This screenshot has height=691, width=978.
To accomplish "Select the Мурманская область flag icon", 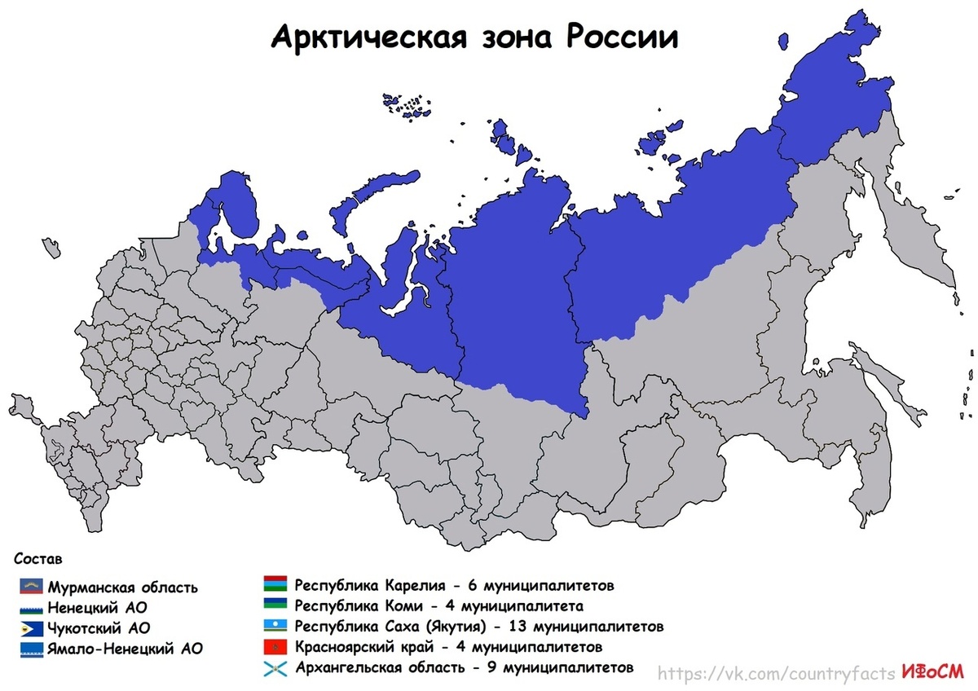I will (x=33, y=586).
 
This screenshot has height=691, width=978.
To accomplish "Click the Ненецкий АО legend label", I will (x=98, y=608).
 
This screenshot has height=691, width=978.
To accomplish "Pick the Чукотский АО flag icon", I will (x=33, y=627).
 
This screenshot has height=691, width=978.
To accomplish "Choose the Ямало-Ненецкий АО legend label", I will (x=125, y=649).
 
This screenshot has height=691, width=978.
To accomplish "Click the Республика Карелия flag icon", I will (x=274, y=584).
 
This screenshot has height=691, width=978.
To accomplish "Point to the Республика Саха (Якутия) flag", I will (x=274, y=626).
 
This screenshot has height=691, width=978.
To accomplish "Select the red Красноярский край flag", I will (x=274, y=647).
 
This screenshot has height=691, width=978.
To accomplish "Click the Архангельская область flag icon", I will (x=274, y=668).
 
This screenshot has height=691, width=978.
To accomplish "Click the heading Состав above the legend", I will (x=37, y=559).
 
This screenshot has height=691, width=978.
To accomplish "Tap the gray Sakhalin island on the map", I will (x=864, y=456).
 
